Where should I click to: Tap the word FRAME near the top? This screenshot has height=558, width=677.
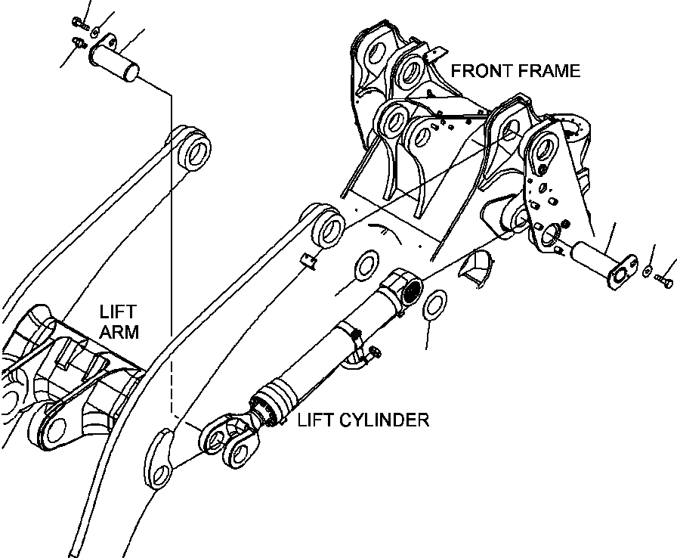click(x=549, y=71)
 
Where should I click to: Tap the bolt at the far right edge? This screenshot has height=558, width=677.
click(x=664, y=283)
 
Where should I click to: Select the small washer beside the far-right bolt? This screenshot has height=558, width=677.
click(x=648, y=270)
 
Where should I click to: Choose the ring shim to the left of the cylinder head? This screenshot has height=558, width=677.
click(x=366, y=265)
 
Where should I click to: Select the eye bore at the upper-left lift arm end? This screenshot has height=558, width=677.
click(x=195, y=148)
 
